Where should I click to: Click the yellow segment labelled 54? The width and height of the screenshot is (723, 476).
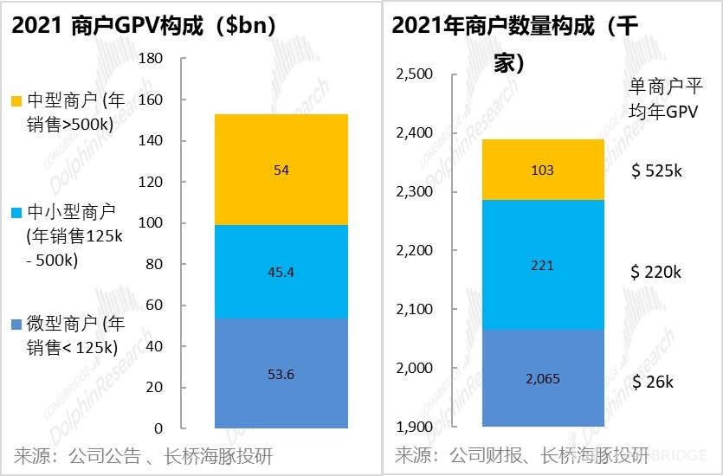[x=281, y=170]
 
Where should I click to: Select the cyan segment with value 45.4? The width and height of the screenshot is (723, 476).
[x=281, y=272]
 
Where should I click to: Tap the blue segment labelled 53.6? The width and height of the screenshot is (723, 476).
[x=281, y=373]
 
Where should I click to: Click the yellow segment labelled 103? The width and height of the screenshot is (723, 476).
[x=543, y=170]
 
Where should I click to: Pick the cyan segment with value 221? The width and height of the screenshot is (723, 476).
[x=543, y=265]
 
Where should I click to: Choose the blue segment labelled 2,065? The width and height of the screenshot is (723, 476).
[x=543, y=378]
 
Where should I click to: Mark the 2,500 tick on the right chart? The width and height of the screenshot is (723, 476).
[x=413, y=74]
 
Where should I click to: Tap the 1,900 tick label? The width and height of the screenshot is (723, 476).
[x=413, y=428]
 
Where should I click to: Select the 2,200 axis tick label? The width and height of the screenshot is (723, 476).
[x=413, y=251]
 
